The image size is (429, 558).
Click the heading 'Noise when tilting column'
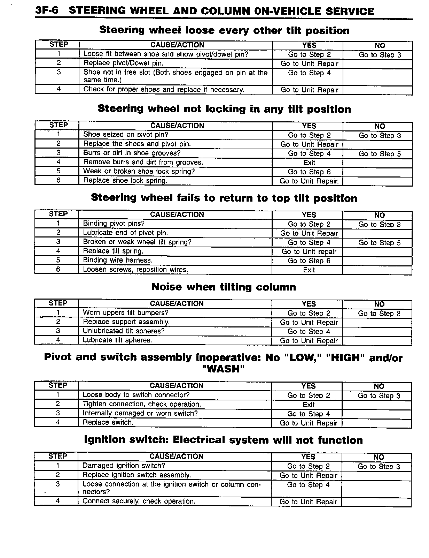[x=224, y=287]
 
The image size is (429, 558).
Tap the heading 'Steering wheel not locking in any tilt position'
[x=224, y=109]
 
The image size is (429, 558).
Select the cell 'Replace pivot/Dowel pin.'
[x=123, y=63]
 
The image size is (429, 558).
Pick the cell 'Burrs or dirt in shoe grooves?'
[x=132, y=153]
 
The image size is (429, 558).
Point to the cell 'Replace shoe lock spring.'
[x=125, y=180]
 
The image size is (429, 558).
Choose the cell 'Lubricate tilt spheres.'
[x=117, y=340]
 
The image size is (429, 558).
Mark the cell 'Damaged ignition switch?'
[x=124, y=466]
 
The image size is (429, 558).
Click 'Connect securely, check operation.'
[x=139, y=501]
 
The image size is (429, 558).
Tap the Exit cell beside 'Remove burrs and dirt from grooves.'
[x=309, y=163]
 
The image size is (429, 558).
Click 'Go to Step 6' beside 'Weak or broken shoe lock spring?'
[x=309, y=172]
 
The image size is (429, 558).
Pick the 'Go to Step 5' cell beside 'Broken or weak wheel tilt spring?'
[x=379, y=243]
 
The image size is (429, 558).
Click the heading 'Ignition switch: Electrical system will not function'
[x=224, y=440]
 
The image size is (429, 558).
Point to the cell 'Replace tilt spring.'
[x=113, y=251]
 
